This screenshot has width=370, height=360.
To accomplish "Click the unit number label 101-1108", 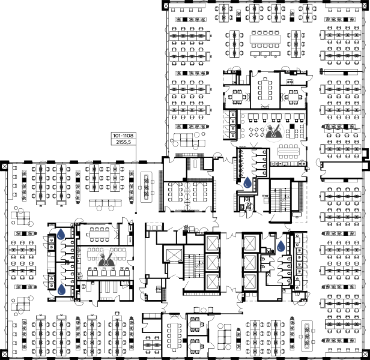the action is pos(123,136).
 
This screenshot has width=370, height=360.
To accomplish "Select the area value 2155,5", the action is pos(123,142).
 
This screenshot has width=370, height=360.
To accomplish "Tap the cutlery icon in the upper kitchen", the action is pos(274,131).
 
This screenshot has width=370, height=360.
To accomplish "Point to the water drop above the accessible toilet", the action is pos(247,182).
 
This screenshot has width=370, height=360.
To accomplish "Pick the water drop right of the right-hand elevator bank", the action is pos(281,246).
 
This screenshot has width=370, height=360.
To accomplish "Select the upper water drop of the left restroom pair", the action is pos(61,234).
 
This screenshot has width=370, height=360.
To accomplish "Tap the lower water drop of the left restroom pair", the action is pos(61,289).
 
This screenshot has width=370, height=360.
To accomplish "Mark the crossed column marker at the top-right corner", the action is pos(365,5).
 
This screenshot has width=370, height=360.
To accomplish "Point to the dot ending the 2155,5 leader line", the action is pos(136,213).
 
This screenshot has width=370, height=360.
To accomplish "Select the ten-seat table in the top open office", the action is pos(265,39).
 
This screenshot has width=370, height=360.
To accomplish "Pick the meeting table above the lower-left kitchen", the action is pos(99,235).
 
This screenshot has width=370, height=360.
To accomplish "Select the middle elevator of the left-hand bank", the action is pos(213,262).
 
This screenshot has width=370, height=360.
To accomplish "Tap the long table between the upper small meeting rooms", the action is pos(265,90).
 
